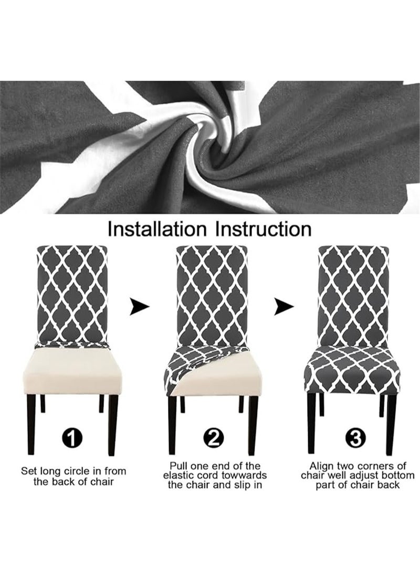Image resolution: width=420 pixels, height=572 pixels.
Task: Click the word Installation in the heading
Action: point(157,229)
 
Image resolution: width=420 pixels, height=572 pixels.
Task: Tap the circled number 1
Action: point(72,438)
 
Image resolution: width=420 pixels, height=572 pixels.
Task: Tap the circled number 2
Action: point(214,438)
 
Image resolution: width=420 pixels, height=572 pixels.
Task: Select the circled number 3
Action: point(355,438)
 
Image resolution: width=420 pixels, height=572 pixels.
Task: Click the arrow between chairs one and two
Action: point(140,307)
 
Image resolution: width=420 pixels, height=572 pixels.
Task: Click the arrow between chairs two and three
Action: point(284,307)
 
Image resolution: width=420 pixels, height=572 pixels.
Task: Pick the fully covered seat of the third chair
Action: point(354,369)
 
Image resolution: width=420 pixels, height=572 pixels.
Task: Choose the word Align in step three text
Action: point(323,466)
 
